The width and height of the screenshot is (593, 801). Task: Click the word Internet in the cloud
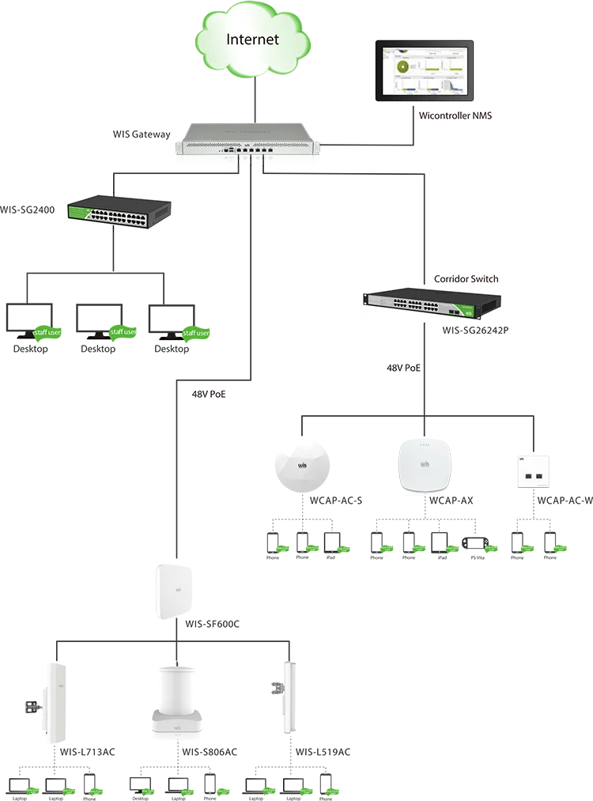click(x=252, y=40)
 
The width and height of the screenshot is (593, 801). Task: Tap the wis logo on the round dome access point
click(x=301, y=467)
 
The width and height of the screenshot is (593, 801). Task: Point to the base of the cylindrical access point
click(x=178, y=724)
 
